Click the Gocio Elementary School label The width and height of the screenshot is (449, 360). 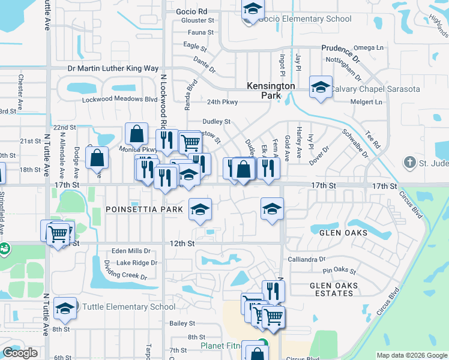click(305, 19)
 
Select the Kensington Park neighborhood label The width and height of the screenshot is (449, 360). click(271, 91)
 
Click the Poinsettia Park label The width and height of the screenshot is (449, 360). click(143, 209)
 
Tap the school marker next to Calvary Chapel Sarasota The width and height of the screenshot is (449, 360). click(321, 88)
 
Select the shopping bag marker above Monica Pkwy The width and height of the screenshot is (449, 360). click(137, 133)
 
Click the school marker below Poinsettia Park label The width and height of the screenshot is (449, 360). click(200, 209)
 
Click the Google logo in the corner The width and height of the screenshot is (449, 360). click(20, 353)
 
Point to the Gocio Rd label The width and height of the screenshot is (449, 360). click(191, 11)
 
